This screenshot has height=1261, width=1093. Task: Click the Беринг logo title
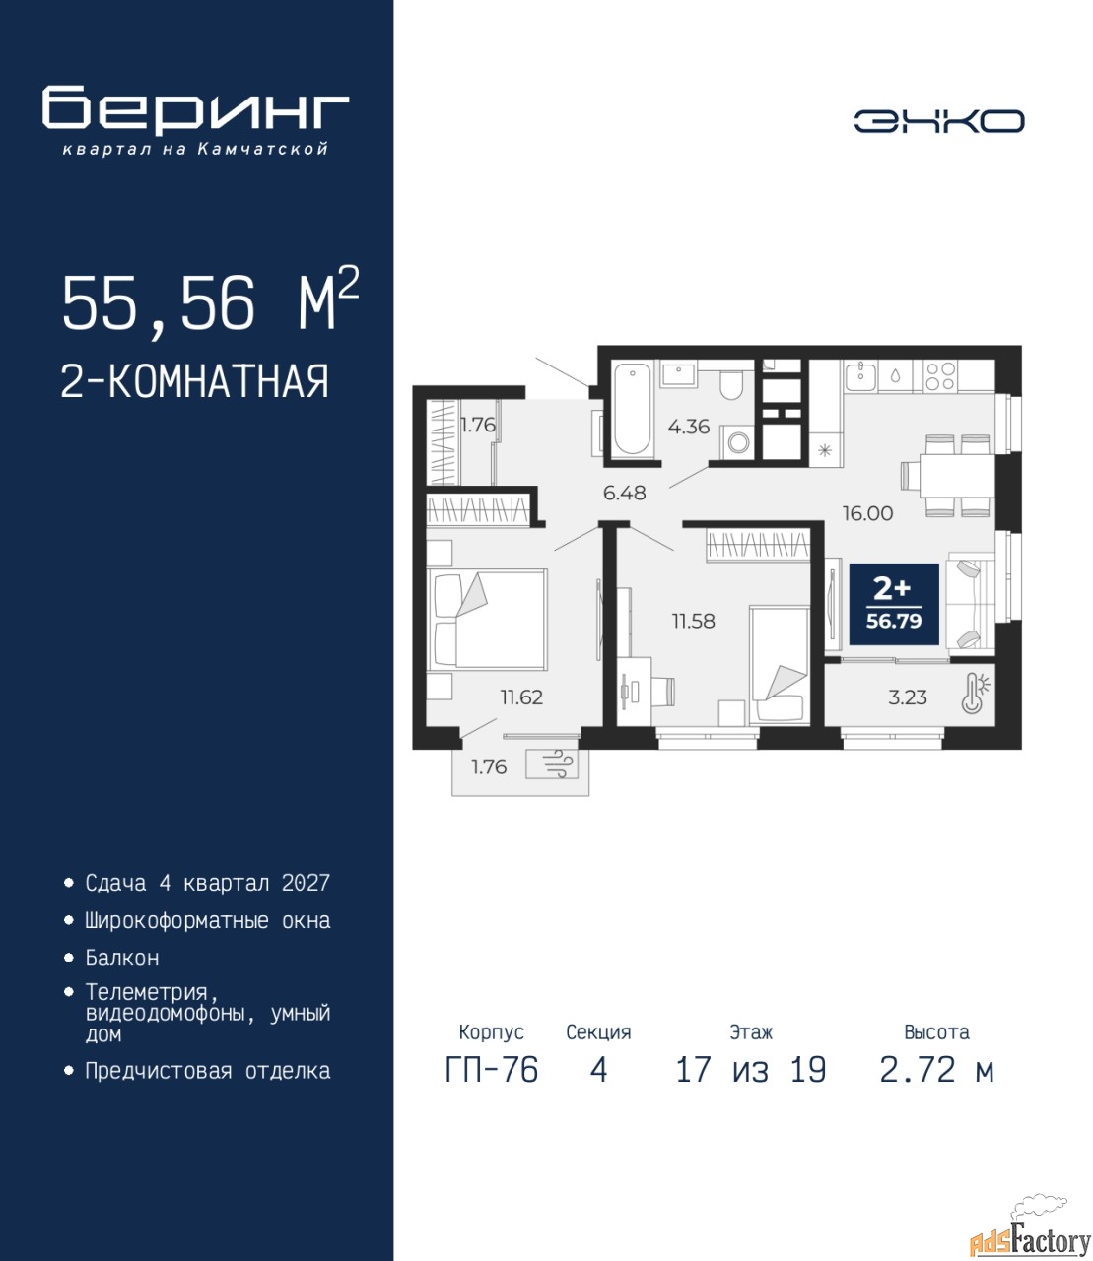(195, 110)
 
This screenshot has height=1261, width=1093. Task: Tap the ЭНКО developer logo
(938, 121)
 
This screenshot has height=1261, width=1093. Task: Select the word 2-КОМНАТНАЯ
(195, 381)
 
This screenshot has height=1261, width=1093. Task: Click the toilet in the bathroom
(729, 382)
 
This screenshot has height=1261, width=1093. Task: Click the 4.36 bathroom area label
(688, 427)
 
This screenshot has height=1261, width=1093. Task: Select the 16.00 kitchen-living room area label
(867, 513)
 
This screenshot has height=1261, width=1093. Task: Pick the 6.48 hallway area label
(624, 493)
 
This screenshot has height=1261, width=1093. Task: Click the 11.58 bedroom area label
(693, 621)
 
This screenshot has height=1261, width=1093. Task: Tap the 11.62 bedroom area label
(521, 697)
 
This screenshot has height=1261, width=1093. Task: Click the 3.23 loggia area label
(908, 697)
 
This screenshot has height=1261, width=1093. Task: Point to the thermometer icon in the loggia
(975, 693)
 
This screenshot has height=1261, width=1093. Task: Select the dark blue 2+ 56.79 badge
(894, 604)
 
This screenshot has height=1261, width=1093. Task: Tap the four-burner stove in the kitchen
(940, 376)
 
